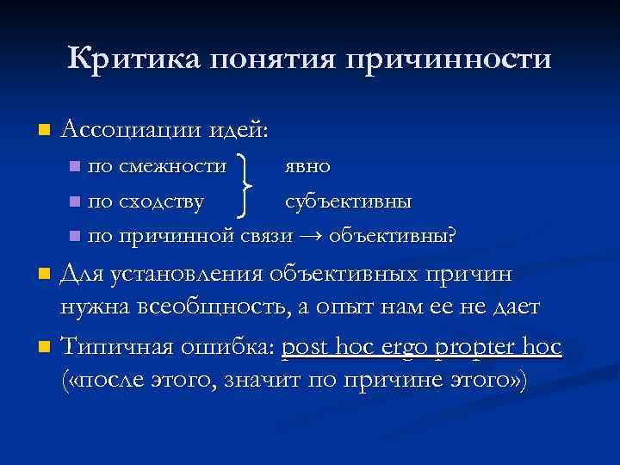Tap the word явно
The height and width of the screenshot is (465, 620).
307,164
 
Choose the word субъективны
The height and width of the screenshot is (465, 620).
349,201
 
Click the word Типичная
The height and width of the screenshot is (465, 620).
121,346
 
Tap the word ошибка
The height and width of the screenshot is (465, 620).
230,346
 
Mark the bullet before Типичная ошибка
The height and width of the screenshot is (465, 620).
45,348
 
